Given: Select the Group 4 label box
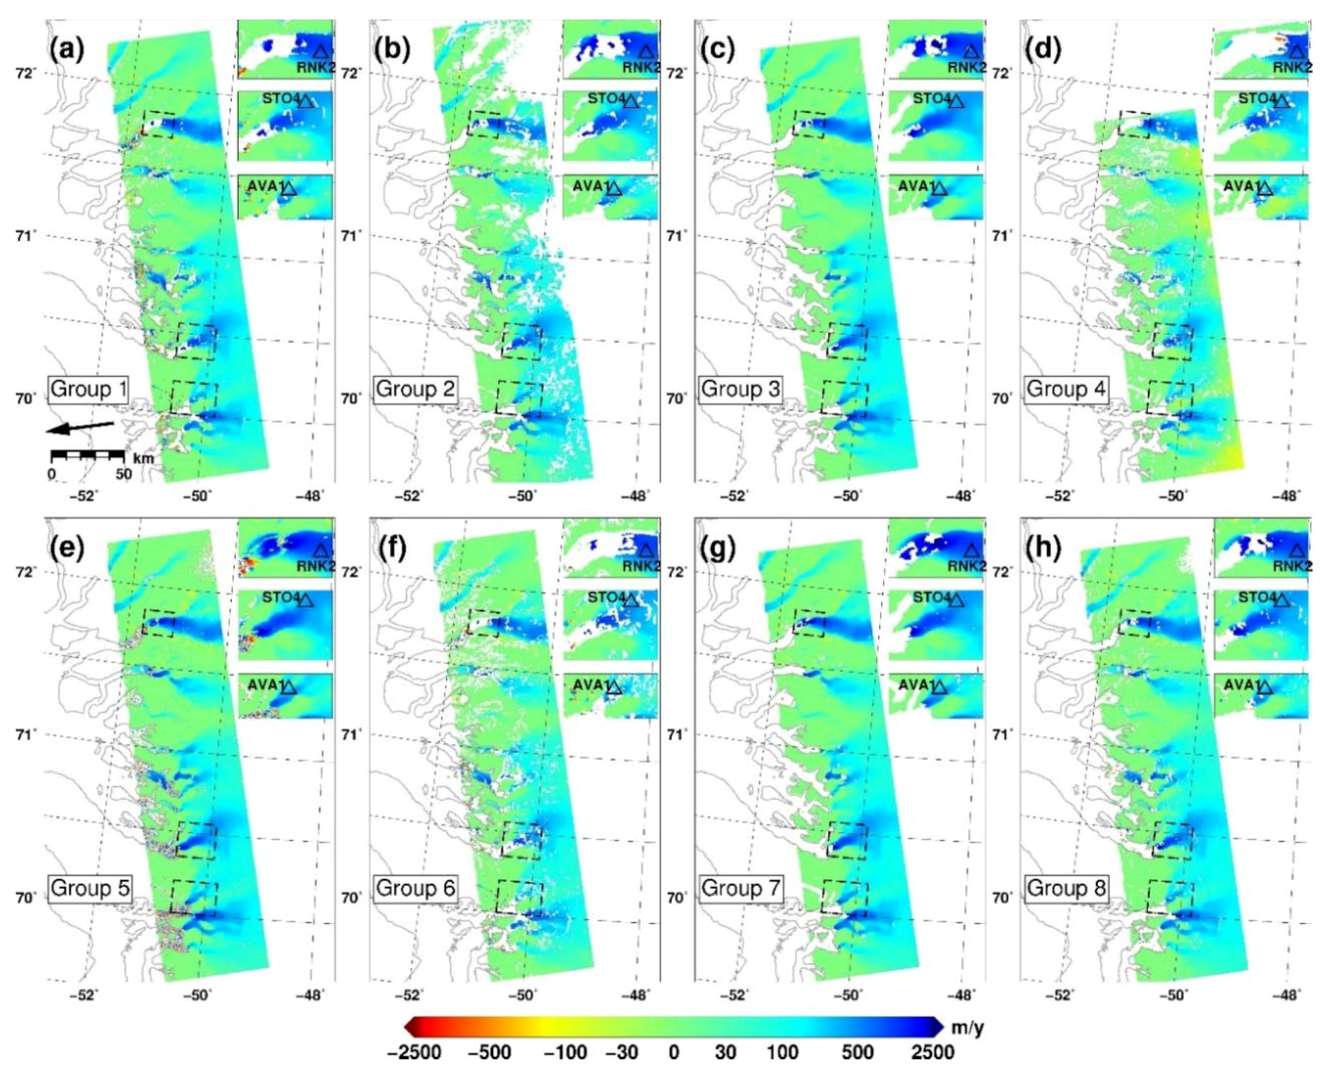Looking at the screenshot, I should coord(1066,390).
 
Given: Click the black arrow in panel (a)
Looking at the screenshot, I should coord(81,427).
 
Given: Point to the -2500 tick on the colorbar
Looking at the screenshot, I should coord(414,1052).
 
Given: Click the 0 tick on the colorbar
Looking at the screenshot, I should coord(674,1052).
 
